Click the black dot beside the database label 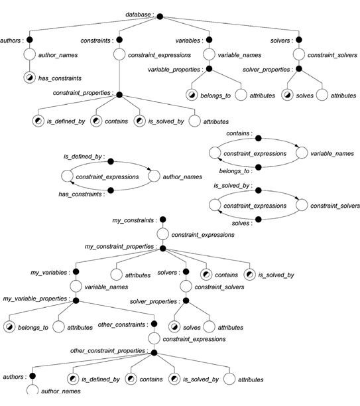click(160, 17)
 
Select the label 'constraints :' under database click(97, 40)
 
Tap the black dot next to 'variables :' click(209, 40)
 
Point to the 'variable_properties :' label click(175, 70)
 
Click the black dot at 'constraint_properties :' click(119, 95)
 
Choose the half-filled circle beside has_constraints click(30, 78)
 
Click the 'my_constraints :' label click(135, 220)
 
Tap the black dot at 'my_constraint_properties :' click(163, 249)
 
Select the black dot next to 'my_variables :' click(76, 271)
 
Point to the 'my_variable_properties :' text click(36, 299)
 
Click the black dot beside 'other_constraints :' click(154, 324)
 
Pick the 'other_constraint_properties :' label click(109, 351)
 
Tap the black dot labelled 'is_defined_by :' click(111, 162)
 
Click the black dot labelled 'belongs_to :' click(258, 167)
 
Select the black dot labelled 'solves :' click(258, 220)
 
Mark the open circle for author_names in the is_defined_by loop click(154, 176)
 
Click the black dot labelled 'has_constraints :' click(111, 190)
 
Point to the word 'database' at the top click(138, 15)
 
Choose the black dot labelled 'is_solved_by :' click(258, 190)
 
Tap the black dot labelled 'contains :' click(258, 138)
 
